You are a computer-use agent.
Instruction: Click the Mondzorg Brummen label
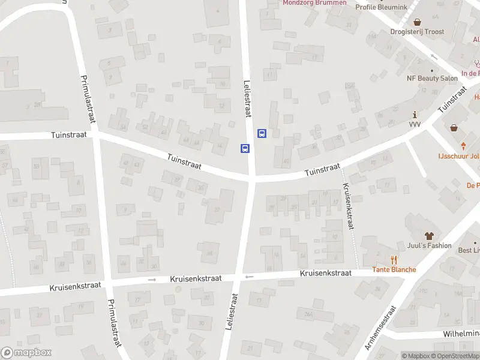pos(314,2)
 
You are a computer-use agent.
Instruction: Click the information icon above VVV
pos(414,114)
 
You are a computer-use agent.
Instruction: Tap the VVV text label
pos(415,124)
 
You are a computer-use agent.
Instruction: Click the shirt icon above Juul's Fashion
pos(428,235)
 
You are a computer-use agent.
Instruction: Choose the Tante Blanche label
pos(394,269)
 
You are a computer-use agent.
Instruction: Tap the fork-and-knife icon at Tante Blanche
pos(394,259)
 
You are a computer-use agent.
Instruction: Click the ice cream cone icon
pos(464,146)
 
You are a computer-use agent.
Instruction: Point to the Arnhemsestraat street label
pos(381,328)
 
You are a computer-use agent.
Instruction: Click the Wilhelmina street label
pos(461,333)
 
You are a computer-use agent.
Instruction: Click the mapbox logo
pos(26,353)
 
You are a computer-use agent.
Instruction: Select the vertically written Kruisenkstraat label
pos(347,206)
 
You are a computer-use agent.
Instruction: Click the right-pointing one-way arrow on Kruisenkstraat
pos(152,280)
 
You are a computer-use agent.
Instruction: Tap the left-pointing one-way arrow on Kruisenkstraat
pos(248,277)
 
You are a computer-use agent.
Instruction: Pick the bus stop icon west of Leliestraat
pos(245,148)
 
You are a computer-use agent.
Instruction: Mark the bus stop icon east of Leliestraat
pos(262,133)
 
